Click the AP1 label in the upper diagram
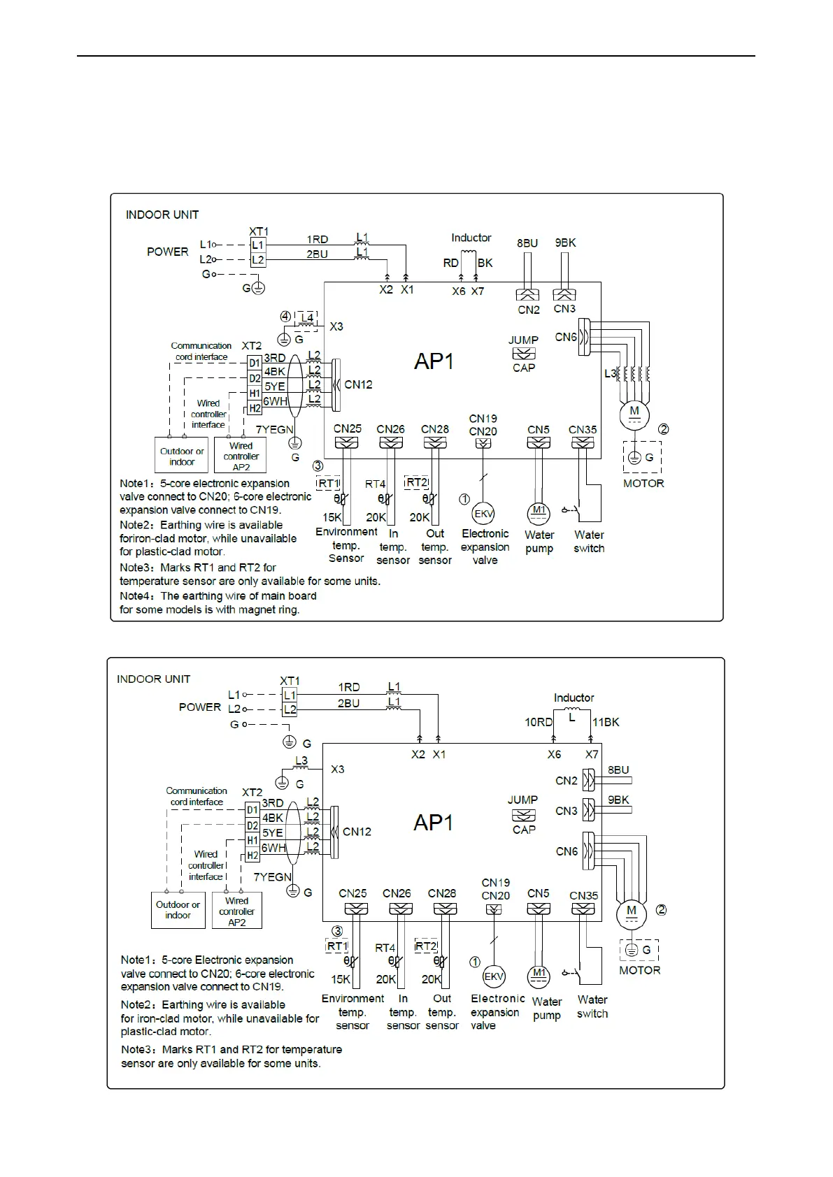point(434,361)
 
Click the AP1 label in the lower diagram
point(433,823)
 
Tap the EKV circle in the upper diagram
point(483,514)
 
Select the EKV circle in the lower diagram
point(494,976)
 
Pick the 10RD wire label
point(539,722)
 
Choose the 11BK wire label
point(606,722)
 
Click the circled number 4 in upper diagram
point(285,317)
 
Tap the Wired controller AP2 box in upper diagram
point(241,456)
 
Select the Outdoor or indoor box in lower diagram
point(178,910)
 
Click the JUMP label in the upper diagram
point(523,340)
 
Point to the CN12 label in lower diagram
point(357,832)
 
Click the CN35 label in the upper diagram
point(583,430)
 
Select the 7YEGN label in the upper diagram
point(274,429)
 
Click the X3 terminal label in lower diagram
point(337,769)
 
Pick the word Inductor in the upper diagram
point(471,238)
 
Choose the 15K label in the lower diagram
point(341,979)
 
